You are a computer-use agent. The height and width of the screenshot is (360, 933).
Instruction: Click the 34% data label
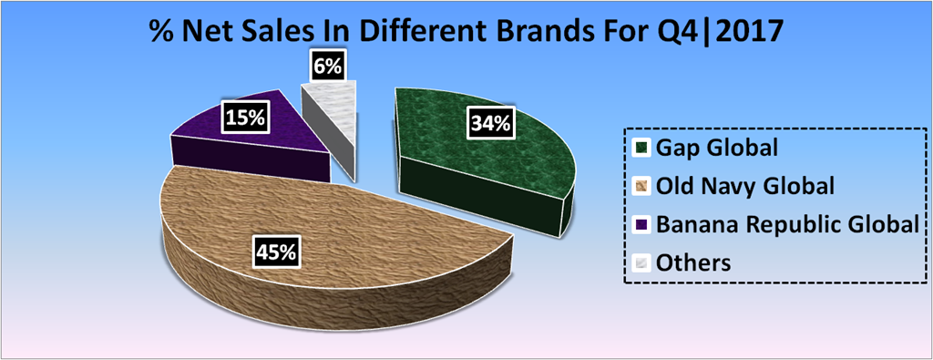coord(489,124)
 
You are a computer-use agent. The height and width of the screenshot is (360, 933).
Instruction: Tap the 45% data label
coord(275,252)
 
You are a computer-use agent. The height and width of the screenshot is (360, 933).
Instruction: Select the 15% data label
coord(244,118)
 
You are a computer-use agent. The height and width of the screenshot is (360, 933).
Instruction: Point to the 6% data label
coord(327,66)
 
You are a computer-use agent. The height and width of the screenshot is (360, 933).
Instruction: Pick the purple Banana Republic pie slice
coord(256,134)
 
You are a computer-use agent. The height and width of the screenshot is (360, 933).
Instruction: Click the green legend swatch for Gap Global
coord(641,147)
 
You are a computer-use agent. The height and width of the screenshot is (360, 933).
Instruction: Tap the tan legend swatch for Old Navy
coord(641,186)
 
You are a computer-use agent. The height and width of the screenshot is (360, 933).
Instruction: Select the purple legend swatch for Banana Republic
coord(641,224)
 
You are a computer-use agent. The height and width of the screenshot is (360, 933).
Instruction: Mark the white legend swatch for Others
coord(641,263)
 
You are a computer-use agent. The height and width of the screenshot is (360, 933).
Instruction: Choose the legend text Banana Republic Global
coord(784,225)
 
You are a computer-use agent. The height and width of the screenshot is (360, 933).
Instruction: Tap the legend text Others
coord(692,263)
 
